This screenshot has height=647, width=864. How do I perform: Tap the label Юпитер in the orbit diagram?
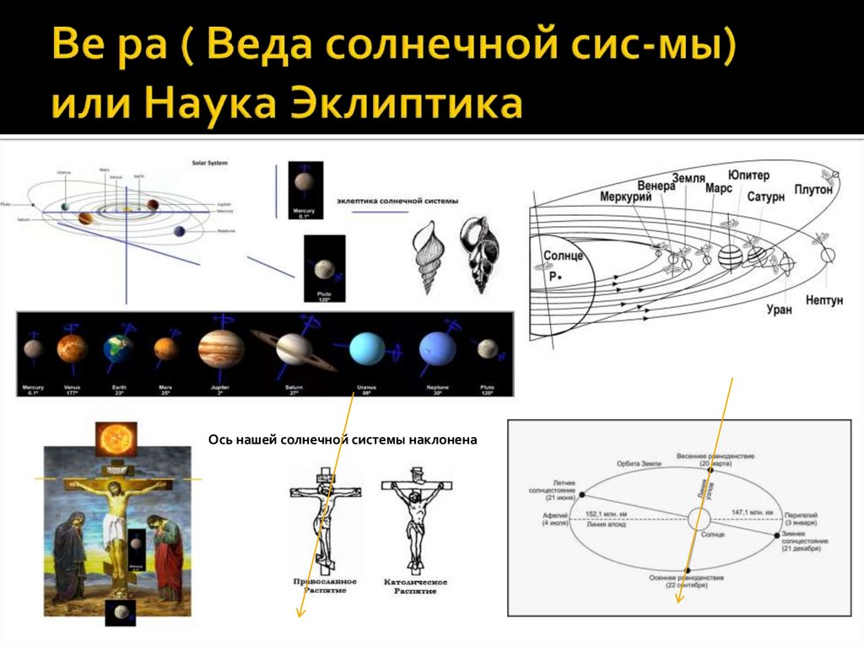coord(748,175)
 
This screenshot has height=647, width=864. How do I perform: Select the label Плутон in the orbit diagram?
coord(813,190)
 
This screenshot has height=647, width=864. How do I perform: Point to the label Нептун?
coord(823,301)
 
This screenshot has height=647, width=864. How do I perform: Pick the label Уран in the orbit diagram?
coord(780,310)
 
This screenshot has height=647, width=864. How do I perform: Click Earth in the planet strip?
coord(118,348)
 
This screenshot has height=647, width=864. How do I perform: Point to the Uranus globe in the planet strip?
coord(367,348)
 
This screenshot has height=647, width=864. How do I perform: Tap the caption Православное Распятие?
coord(324,586)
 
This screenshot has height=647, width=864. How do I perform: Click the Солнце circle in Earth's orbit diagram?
coord(699,520)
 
